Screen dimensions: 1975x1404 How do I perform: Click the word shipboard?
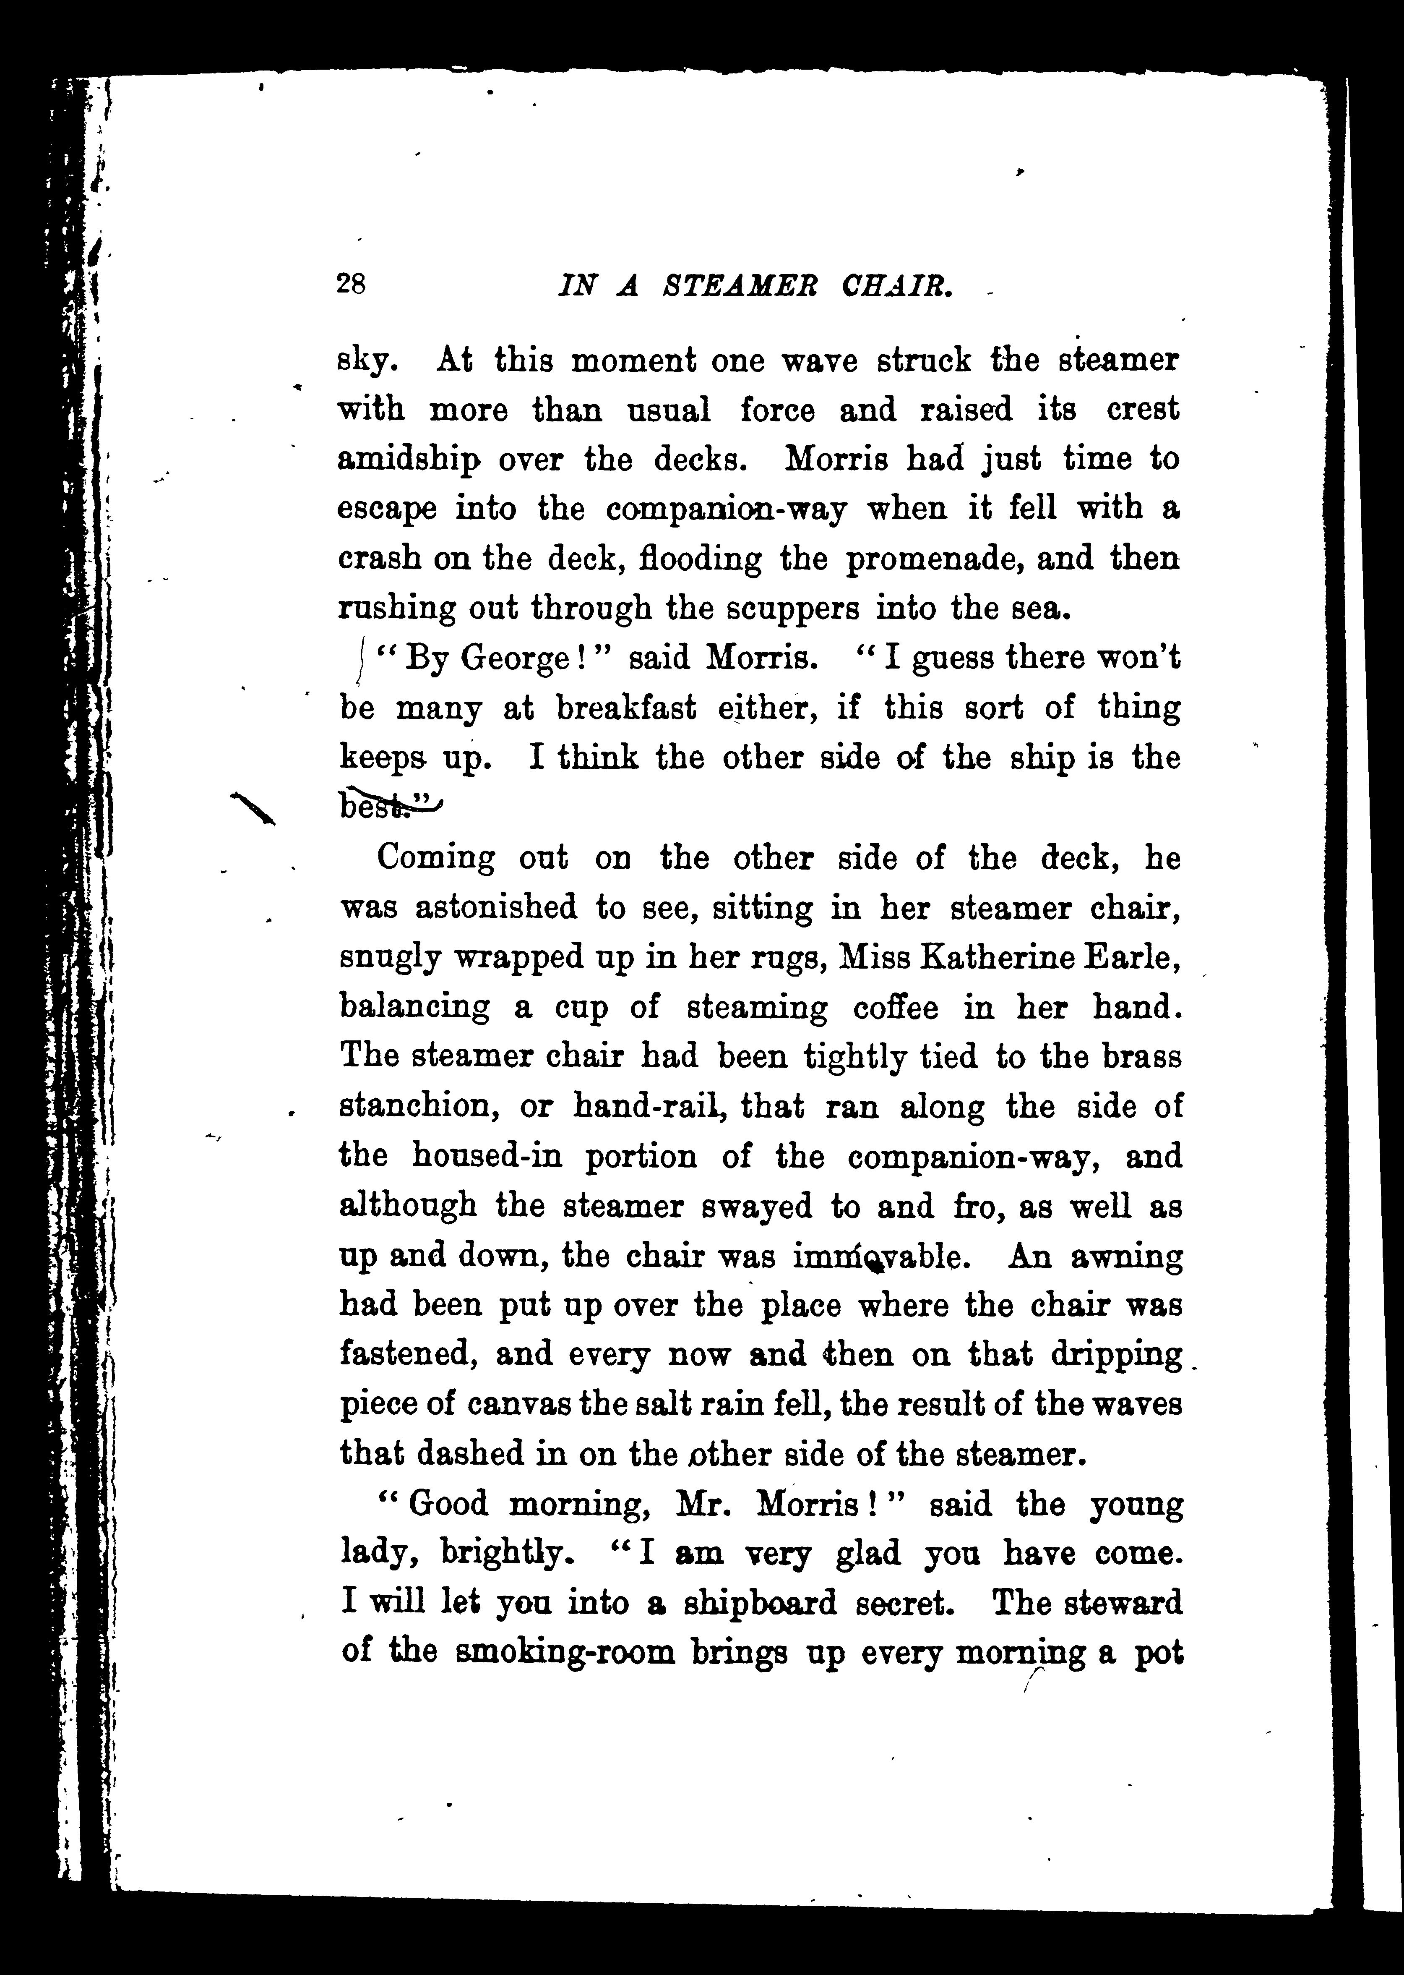(x=760, y=1602)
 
